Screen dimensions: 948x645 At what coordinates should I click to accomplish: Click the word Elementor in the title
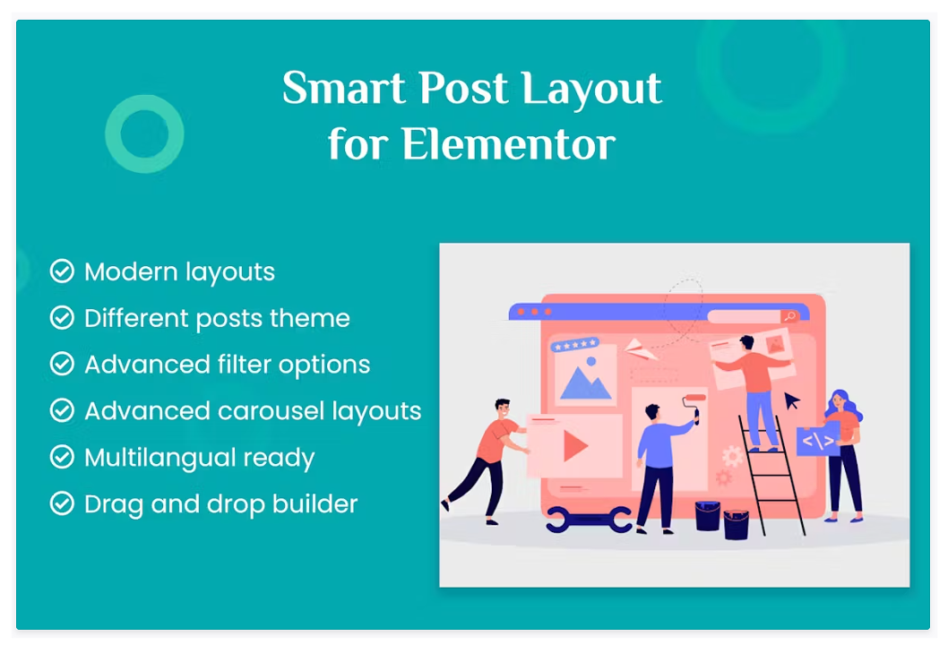pyautogui.click(x=508, y=144)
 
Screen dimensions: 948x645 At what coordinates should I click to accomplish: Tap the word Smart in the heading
pyautogui.click(x=343, y=89)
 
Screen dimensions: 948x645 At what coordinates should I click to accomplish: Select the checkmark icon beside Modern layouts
pyautogui.click(x=62, y=271)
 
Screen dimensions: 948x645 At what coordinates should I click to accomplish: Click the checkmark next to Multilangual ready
pyautogui.click(x=62, y=457)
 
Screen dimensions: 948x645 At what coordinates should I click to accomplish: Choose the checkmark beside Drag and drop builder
pyautogui.click(x=62, y=503)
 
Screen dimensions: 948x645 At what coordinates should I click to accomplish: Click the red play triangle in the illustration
pyautogui.click(x=574, y=446)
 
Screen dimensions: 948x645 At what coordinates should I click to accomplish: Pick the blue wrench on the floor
pyautogui.click(x=589, y=520)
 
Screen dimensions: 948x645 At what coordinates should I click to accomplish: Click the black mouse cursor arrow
pyautogui.click(x=791, y=400)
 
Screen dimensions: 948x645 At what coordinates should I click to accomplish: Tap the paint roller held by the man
pyautogui.click(x=694, y=405)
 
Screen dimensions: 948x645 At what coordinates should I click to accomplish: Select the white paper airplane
pyautogui.click(x=641, y=349)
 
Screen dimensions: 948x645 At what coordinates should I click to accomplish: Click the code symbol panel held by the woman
pyautogui.click(x=818, y=440)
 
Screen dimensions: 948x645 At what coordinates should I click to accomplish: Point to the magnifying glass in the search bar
pyautogui.click(x=789, y=316)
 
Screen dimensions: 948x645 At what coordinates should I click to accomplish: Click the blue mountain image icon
pyautogui.click(x=584, y=380)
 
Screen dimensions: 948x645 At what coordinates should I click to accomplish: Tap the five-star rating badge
pyautogui.click(x=574, y=345)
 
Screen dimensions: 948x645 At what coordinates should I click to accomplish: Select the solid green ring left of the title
pyautogui.click(x=144, y=133)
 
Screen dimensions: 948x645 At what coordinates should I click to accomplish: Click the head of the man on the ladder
pyautogui.click(x=747, y=343)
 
